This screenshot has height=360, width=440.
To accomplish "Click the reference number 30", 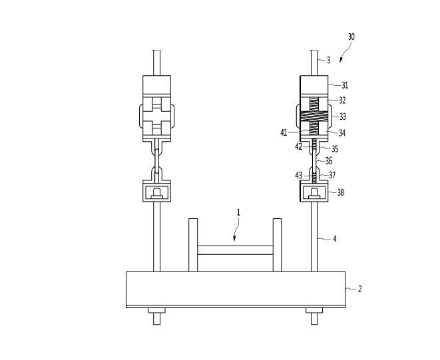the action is coord(351,37).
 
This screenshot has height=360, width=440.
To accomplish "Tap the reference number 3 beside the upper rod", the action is coord(329,60).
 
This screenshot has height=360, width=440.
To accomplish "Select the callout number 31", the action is coord(345,85).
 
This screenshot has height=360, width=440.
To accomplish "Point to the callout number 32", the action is coord(342,100).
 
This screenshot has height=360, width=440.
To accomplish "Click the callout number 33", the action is coord(343,116).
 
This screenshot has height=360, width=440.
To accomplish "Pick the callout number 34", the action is coord(342,133).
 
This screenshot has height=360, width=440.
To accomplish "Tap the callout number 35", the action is coord(335,148).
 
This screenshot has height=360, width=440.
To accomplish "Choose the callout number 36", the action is coord(329,161).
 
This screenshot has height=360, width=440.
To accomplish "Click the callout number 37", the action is coord(332,176).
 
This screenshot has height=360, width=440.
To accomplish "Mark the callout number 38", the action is coord(340,192).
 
